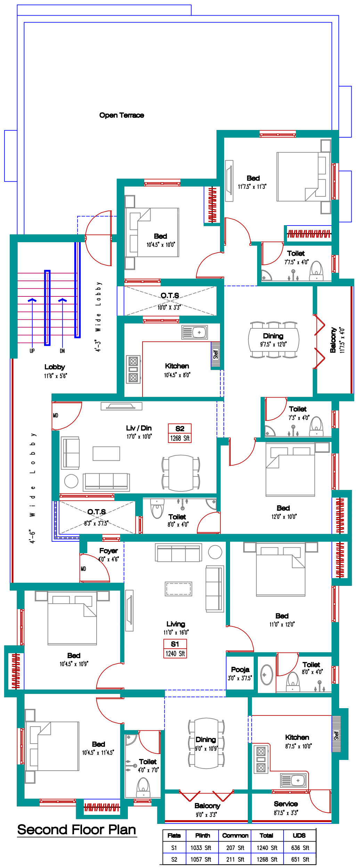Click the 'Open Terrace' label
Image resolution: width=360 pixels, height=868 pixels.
click(122, 115)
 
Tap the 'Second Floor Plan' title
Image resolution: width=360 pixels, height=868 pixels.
click(76, 829)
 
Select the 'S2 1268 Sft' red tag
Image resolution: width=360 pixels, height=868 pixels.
click(180, 433)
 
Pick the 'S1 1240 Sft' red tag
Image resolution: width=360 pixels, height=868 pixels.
click(175, 649)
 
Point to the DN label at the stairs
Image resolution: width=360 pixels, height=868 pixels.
click(62, 351)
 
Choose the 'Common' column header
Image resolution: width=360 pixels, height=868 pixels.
click(235, 835)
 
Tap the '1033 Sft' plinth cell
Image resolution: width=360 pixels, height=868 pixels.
click(201, 848)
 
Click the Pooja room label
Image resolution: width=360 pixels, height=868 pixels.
click(240, 670)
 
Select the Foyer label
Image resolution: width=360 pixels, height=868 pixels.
click(108, 551)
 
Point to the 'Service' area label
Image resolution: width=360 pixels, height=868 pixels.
click(286, 804)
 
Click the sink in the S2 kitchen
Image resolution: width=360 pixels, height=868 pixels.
click(195, 332)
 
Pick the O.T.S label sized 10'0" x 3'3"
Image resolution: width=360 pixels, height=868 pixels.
click(170, 296)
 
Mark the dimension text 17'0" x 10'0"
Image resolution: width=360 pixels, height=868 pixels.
click(139, 436)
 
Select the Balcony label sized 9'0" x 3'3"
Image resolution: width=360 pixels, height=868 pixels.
click(207, 806)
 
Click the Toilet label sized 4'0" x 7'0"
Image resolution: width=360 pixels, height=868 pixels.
click(148, 762)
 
